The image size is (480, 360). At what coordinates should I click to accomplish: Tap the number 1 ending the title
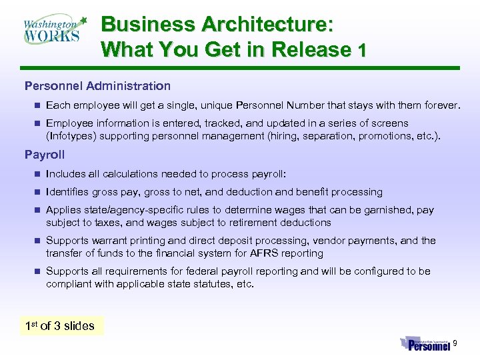tap(362, 51)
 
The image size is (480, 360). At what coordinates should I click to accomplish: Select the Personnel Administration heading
tap(97, 86)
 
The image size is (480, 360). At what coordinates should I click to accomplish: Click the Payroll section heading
tap(45, 155)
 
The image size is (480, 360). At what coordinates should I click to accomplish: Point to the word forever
tap(441, 105)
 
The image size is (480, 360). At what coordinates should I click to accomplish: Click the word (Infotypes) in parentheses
tap(72, 136)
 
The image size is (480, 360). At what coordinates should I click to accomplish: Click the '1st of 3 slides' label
tap(60, 326)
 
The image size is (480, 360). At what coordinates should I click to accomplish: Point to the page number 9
tap(455, 343)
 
